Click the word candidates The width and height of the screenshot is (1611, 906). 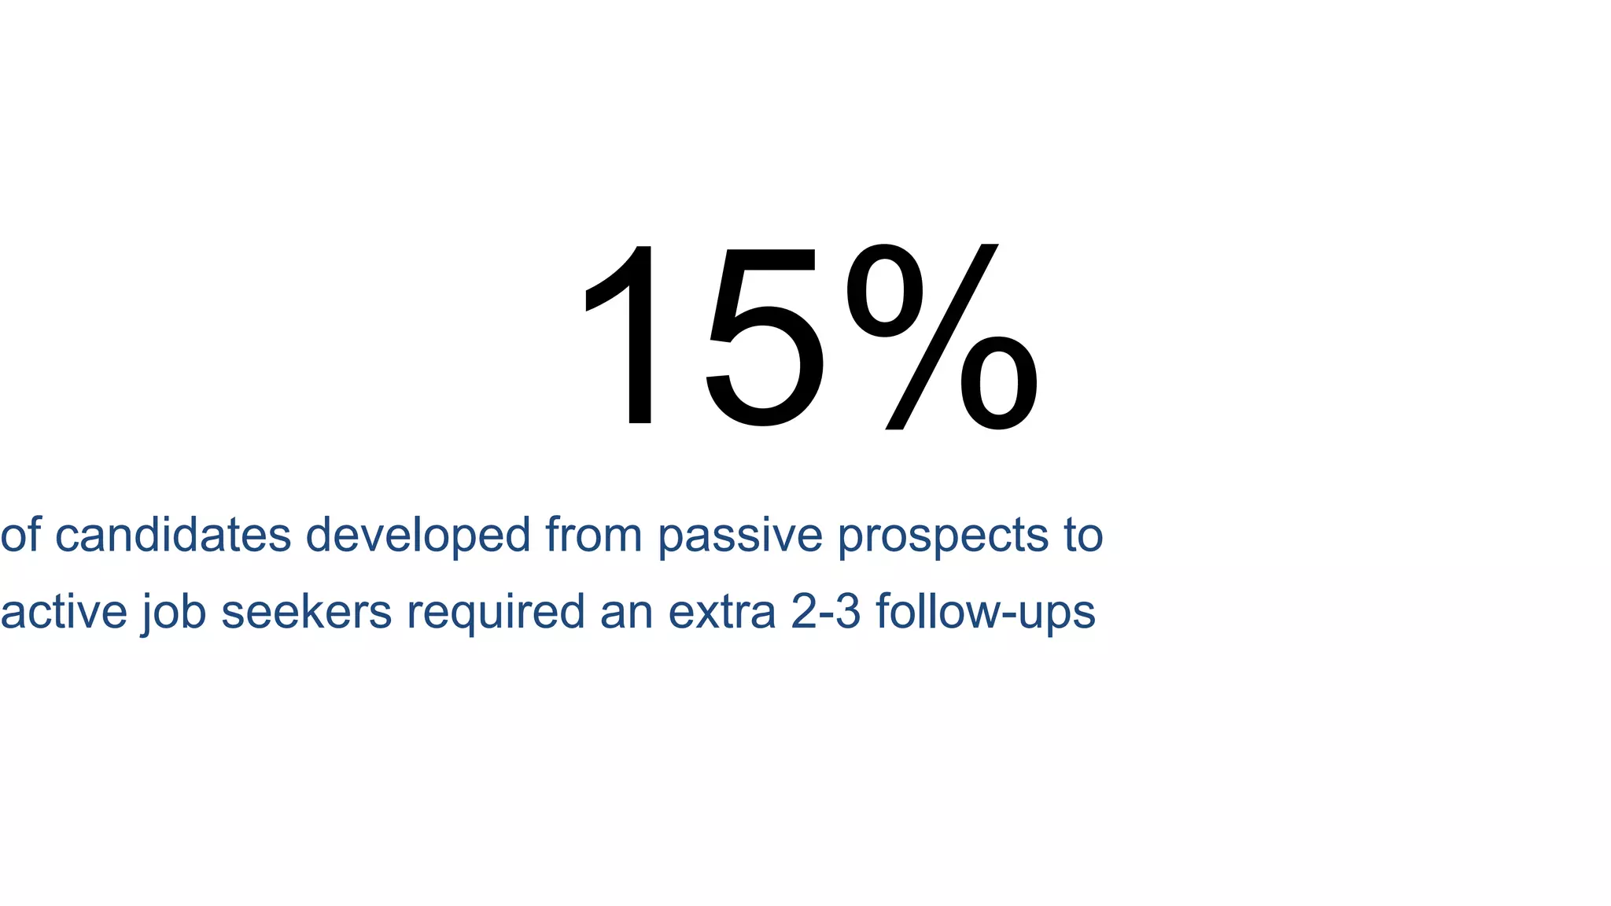(x=173, y=536)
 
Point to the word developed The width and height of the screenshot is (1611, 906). (x=418, y=536)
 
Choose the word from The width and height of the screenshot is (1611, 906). (x=594, y=536)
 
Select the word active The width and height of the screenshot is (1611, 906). (x=64, y=612)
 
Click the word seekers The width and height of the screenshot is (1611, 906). (x=307, y=612)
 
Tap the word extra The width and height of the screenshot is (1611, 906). (x=722, y=612)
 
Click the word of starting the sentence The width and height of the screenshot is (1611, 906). (x=20, y=536)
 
